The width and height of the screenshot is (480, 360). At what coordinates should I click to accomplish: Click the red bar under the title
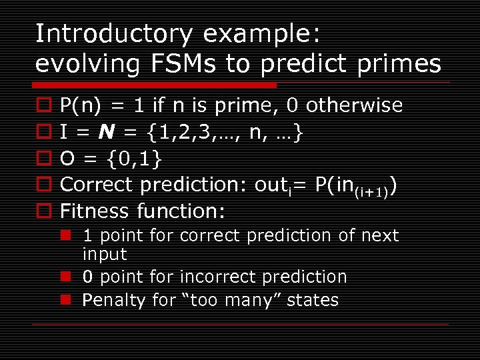(155, 85)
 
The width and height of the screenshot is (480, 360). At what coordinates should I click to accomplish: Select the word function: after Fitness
(180, 211)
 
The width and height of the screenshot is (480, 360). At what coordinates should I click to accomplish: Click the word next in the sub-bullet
(379, 235)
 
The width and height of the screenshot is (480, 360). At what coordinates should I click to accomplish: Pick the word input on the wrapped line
(104, 254)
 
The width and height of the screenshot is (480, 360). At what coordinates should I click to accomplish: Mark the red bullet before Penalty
(67, 300)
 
